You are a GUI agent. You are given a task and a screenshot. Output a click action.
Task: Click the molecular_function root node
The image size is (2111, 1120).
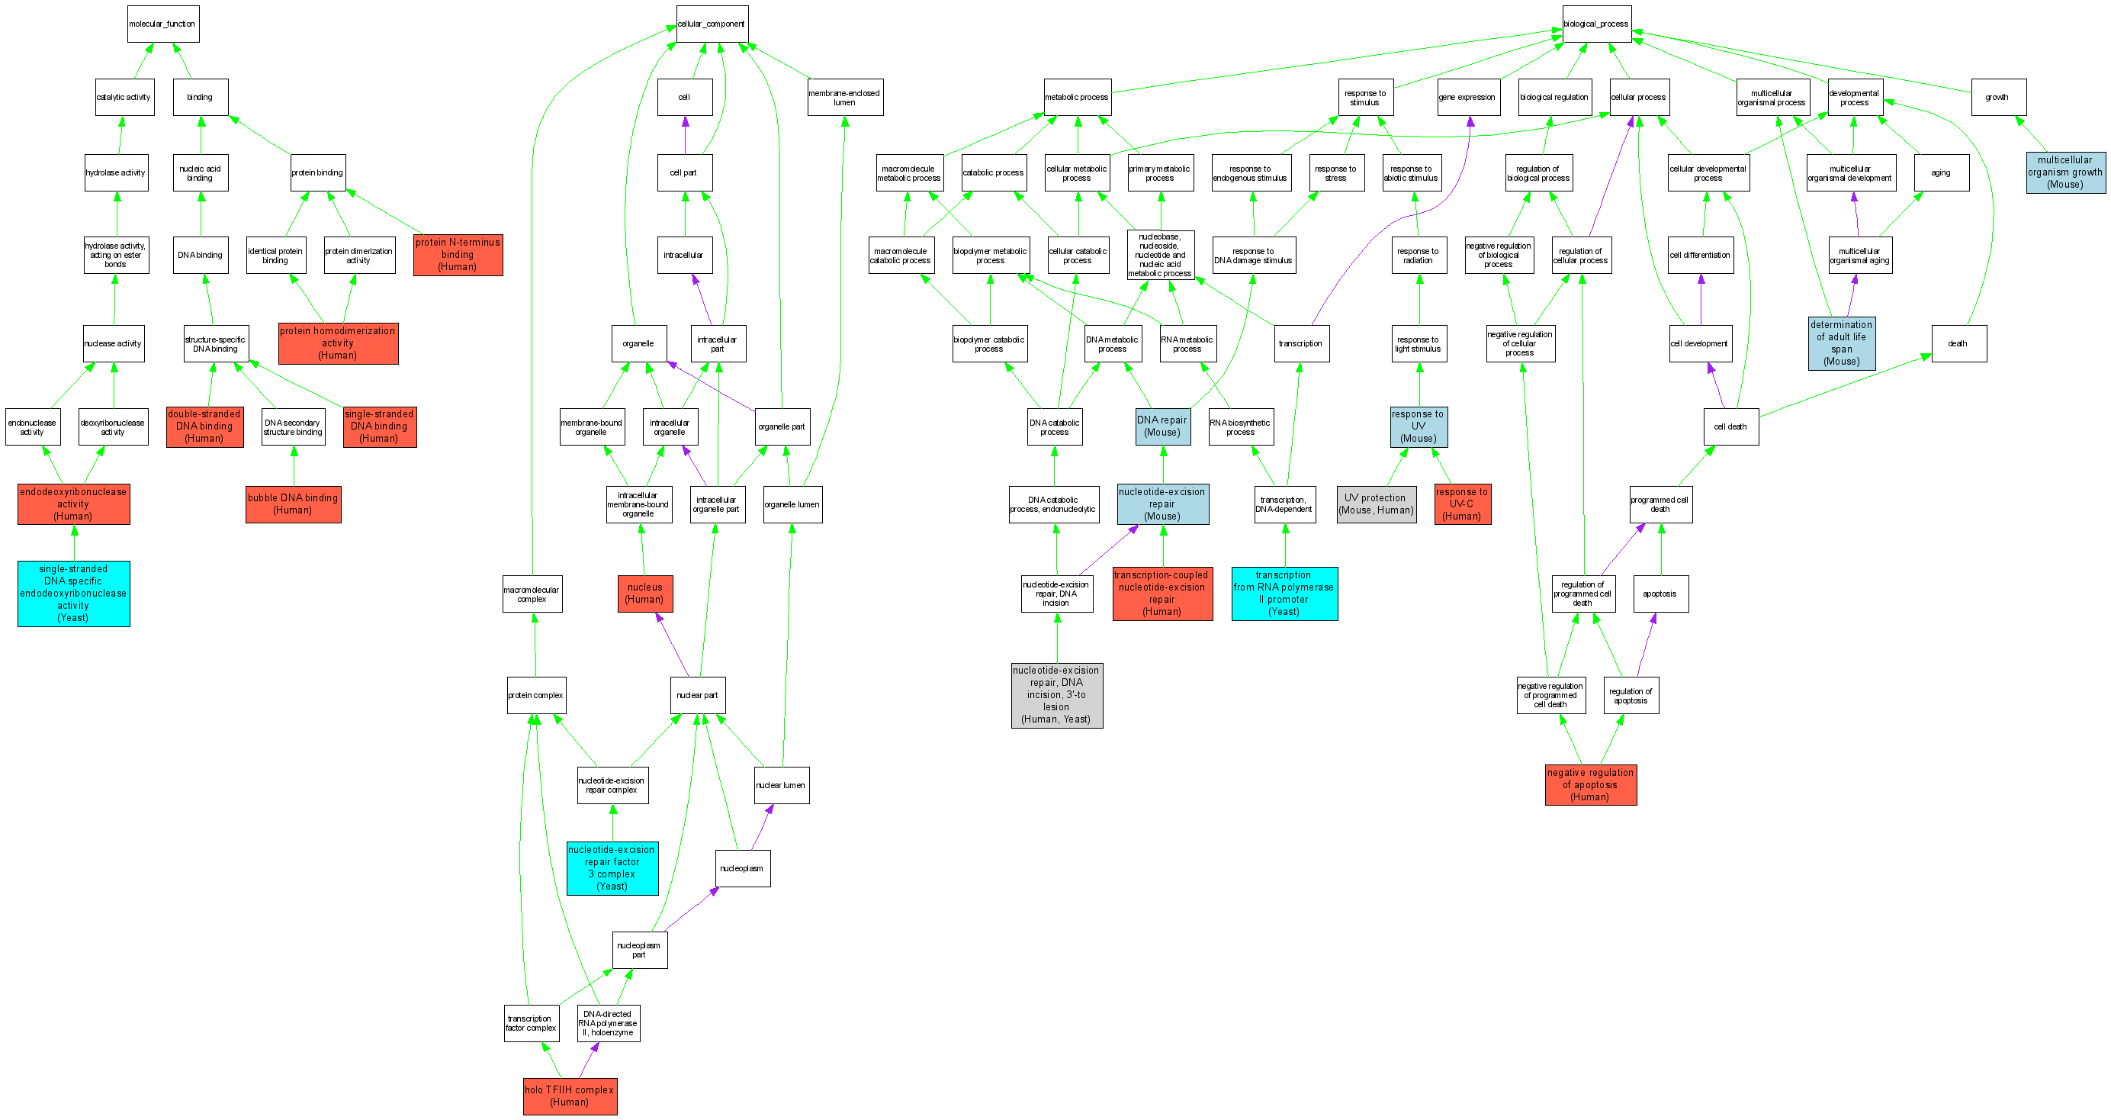163,24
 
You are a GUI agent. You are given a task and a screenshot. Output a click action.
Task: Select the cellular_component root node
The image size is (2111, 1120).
712,24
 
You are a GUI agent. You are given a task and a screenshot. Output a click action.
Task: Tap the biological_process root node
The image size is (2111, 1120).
1596,24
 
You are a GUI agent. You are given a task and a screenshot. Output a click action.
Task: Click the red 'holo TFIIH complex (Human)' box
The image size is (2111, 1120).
570,1096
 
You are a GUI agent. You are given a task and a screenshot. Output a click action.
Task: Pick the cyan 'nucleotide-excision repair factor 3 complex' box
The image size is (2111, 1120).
612,868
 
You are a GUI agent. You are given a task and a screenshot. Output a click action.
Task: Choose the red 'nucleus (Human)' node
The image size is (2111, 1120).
645,594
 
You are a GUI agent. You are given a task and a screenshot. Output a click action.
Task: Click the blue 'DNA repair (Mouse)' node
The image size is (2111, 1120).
1162,426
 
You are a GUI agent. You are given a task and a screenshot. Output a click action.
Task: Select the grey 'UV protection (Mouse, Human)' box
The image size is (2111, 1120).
1376,504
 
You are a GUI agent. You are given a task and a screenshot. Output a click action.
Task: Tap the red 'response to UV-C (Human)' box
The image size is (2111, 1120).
1462,504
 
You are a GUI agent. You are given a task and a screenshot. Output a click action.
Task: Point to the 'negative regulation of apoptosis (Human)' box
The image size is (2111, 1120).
1591,784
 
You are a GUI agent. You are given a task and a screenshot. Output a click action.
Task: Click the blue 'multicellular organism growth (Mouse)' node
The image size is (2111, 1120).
2065,172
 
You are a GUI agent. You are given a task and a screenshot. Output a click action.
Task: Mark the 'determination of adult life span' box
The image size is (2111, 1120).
1841,343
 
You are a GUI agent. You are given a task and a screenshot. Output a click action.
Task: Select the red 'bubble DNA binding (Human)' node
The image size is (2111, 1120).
293,504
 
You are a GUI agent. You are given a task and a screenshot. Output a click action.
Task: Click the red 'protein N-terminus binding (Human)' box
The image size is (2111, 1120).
458,255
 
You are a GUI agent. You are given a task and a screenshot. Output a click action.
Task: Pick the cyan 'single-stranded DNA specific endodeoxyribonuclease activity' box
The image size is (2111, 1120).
74,594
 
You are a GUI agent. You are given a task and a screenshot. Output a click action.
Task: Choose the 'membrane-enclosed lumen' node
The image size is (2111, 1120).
845,98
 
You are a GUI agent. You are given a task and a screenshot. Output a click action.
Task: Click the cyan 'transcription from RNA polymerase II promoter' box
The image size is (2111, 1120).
1284,594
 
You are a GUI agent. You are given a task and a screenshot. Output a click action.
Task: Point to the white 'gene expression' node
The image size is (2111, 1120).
1467,98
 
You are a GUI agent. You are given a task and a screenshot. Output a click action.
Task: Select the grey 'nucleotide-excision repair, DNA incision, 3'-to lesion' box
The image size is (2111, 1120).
1056,695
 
